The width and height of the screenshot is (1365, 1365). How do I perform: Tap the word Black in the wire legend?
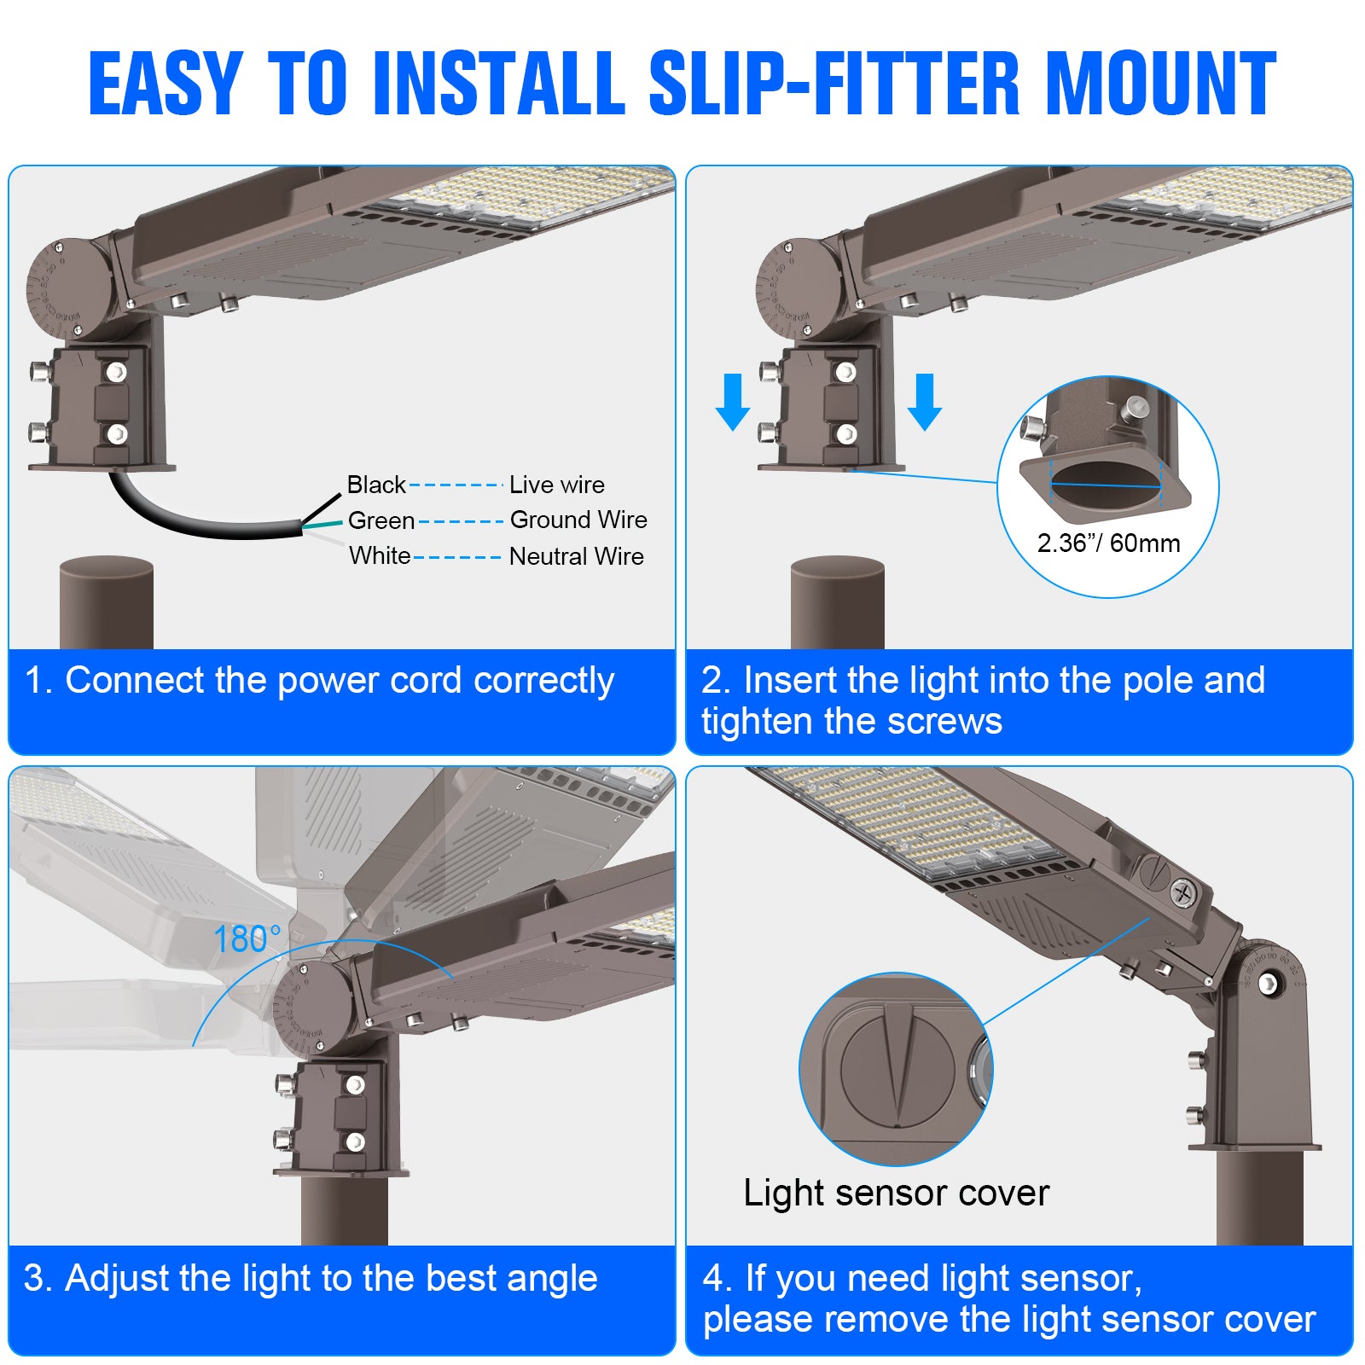[x=376, y=485]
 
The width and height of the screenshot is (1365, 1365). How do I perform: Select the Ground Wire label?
[x=578, y=520]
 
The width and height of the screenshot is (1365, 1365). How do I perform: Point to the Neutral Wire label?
[x=576, y=556]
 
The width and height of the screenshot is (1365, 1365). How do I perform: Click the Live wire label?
[x=556, y=485]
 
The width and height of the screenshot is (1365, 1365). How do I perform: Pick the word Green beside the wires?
[x=380, y=520]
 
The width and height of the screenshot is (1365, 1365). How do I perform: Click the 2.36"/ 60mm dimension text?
[x=1108, y=543]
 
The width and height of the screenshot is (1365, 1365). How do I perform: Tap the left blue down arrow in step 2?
[x=732, y=402]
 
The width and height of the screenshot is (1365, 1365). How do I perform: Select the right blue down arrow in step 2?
[x=925, y=402]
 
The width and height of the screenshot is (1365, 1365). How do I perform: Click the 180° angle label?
[x=247, y=939]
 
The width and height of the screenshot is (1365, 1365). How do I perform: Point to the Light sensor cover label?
[x=896, y=1193]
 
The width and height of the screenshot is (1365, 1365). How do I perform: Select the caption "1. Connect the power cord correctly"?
[x=319, y=681]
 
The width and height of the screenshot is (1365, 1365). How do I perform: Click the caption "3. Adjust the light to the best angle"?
[x=311, y=1278]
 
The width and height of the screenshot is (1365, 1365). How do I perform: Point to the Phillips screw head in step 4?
[x=1183, y=893]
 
